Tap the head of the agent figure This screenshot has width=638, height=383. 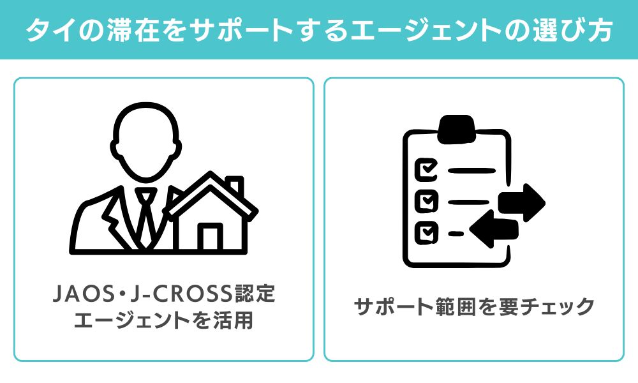pyautogui.click(x=146, y=140)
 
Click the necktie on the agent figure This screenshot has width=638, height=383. pyautogui.click(x=145, y=218)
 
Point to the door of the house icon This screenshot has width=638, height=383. pyautogui.click(x=211, y=236)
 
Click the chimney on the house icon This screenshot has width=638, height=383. pyautogui.click(x=235, y=186)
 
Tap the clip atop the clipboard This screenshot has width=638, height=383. pyautogui.click(x=457, y=129)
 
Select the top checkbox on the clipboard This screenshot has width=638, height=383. pyautogui.click(x=426, y=169)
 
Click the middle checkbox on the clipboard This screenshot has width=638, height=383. pyautogui.click(x=426, y=200)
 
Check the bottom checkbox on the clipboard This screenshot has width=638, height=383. pyautogui.click(x=426, y=232)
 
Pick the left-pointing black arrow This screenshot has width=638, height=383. pyautogui.click(x=494, y=229)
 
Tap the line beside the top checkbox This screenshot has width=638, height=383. pyautogui.click(x=471, y=170)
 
